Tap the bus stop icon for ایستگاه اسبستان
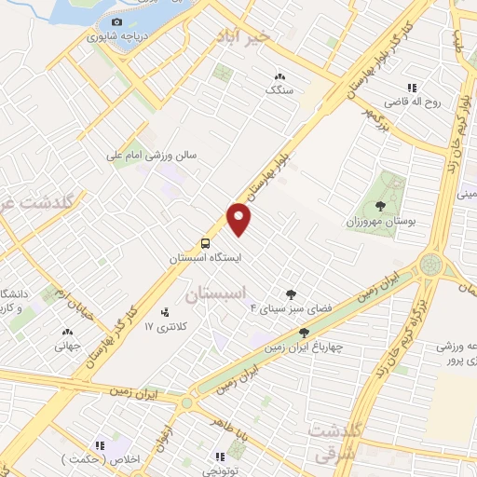(204, 240)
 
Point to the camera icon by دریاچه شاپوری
(116, 21)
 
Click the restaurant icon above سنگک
(278, 76)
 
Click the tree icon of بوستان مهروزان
(380, 206)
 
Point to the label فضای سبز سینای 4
(282, 307)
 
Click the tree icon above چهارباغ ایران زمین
(304, 333)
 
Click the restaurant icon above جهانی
(66, 333)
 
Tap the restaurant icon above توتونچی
(221, 457)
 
